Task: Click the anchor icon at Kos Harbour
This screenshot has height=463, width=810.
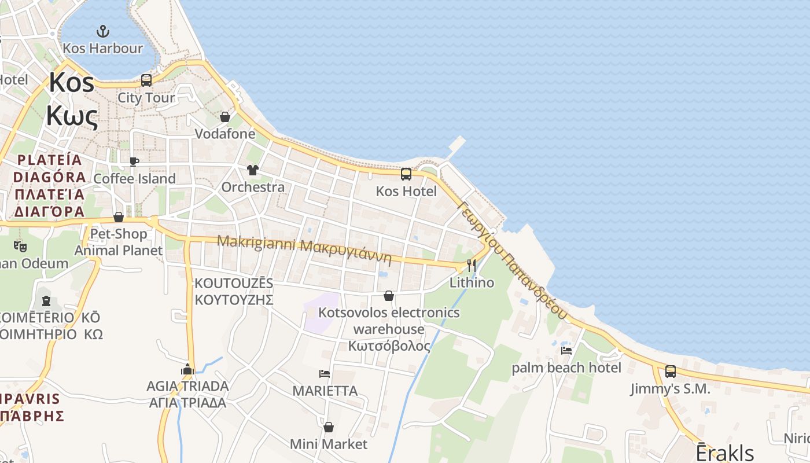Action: click(102, 31)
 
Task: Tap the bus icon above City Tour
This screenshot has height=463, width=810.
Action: click(146, 80)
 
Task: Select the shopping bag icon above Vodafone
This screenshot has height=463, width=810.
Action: click(225, 117)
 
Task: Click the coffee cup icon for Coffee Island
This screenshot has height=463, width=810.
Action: click(134, 161)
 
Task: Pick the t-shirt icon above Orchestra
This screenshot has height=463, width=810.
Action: click(253, 170)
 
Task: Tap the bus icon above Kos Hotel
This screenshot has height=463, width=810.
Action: click(406, 174)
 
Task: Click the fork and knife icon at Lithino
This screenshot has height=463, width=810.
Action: click(472, 266)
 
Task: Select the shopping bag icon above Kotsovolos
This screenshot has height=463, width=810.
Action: click(389, 296)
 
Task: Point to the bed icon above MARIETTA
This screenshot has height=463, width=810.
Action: click(325, 374)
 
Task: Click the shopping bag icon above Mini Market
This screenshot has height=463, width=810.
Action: click(329, 427)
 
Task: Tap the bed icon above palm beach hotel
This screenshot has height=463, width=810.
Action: click(566, 350)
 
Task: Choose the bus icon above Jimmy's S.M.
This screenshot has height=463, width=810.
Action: click(671, 372)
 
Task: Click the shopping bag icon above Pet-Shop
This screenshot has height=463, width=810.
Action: click(119, 217)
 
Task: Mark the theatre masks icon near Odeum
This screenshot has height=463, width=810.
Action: click(20, 246)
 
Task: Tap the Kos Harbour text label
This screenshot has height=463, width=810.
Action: click(102, 48)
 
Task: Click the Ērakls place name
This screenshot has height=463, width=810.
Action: click(724, 453)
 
